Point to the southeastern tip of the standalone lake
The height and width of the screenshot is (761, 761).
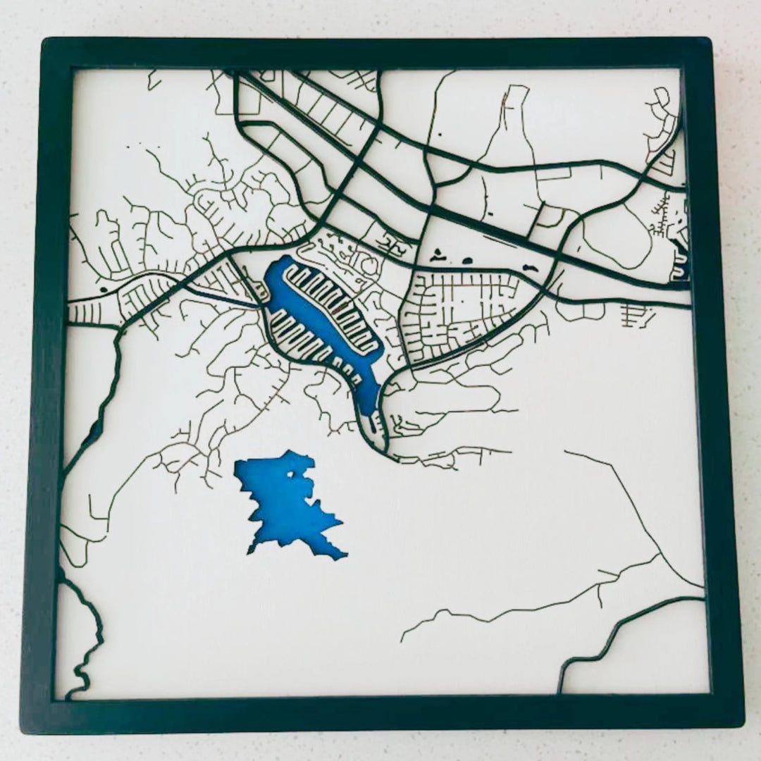click(x=345, y=557)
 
